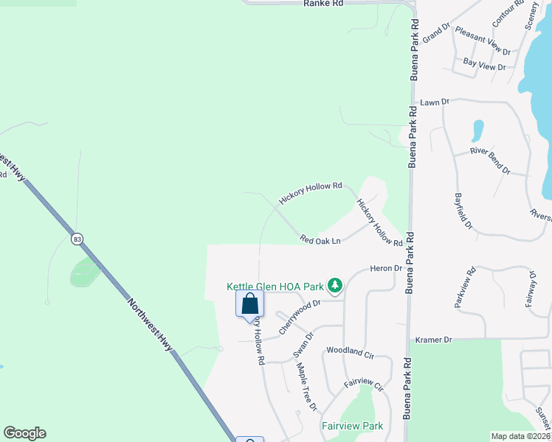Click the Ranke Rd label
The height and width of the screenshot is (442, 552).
[x=323, y=4]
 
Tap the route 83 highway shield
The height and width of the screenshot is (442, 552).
[x=77, y=239]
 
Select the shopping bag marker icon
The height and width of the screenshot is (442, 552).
[x=249, y=303]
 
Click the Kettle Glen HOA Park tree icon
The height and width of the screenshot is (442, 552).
[x=335, y=284]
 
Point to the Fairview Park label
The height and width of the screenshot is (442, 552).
[x=352, y=426]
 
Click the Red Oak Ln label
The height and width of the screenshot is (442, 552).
[x=320, y=240]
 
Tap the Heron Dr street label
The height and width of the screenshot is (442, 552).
[x=385, y=269]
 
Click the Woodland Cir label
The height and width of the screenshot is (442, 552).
[x=350, y=353]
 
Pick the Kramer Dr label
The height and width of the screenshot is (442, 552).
[x=432, y=340]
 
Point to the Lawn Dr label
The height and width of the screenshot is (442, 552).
[x=435, y=102]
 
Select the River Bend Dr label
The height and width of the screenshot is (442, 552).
[x=490, y=161]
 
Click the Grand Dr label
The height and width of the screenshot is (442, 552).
[x=435, y=31]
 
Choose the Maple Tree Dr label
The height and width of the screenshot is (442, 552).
[x=306, y=386]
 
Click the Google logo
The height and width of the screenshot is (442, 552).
[x=24, y=433]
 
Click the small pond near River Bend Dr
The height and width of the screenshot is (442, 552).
[x=477, y=130]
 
